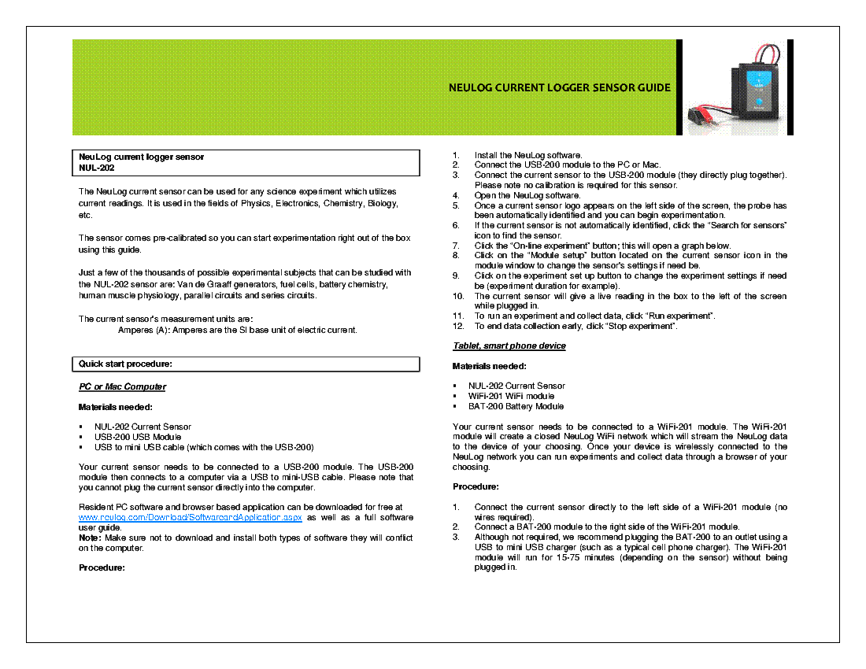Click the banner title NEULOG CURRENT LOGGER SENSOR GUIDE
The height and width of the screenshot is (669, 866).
pyautogui.click(x=559, y=87)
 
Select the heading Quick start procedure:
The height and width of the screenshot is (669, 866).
pyautogui.click(x=125, y=364)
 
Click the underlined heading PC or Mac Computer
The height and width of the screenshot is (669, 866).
pyautogui.click(x=122, y=386)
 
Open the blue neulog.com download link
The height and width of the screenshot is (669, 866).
pyautogui.click(x=191, y=518)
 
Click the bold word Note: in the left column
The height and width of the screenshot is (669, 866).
pyautogui.click(x=91, y=538)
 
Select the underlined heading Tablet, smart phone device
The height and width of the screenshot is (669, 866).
pyautogui.click(x=509, y=346)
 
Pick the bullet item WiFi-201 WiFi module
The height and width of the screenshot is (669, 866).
pyautogui.click(x=511, y=396)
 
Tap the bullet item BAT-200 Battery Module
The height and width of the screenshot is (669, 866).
pyautogui.click(x=516, y=406)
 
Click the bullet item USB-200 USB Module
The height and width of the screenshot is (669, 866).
pyautogui.click(x=138, y=437)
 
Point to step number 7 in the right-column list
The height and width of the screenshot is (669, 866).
pyautogui.click(x=456, y=246)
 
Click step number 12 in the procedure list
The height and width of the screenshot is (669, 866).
pyautogui.click(x=457, y=326)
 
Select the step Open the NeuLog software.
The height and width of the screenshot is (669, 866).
pyautogui.click(x=527, y=195)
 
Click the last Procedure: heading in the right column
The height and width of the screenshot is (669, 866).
pyautogui.click(x=476, y=486)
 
